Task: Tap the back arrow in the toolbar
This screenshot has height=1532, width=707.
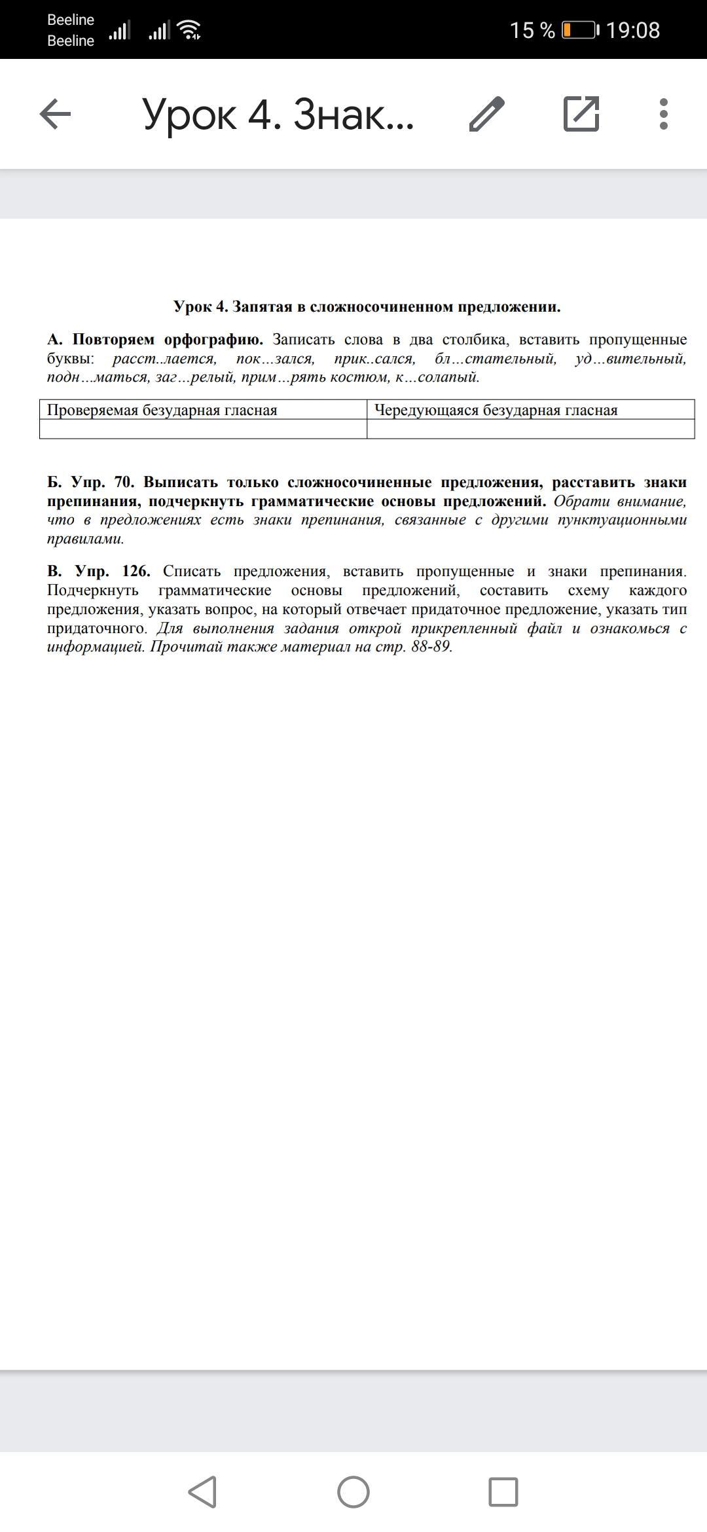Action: point(55,115)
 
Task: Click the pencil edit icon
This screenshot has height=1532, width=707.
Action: point(487,115)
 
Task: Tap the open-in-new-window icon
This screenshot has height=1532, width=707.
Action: point(581,114)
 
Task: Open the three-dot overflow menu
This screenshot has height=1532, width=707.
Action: point(664,115)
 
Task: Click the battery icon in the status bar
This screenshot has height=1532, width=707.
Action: point(579,30)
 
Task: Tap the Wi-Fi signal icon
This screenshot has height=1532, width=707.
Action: point(189,30)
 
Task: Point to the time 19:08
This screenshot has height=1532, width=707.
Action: point(632,30)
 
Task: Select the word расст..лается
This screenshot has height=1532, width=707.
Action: point(164,359)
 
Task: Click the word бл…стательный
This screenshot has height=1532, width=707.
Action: point(496,359)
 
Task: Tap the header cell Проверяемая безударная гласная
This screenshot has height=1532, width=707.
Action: point(162,410)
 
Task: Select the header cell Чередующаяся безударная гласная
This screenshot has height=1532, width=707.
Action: point(496,410)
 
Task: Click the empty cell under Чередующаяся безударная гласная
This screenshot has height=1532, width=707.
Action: point(530,429)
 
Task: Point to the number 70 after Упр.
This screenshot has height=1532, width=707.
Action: point(123,483)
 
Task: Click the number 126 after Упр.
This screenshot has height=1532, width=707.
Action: point(136,571)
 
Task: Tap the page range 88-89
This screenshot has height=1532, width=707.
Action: point(431,647)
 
